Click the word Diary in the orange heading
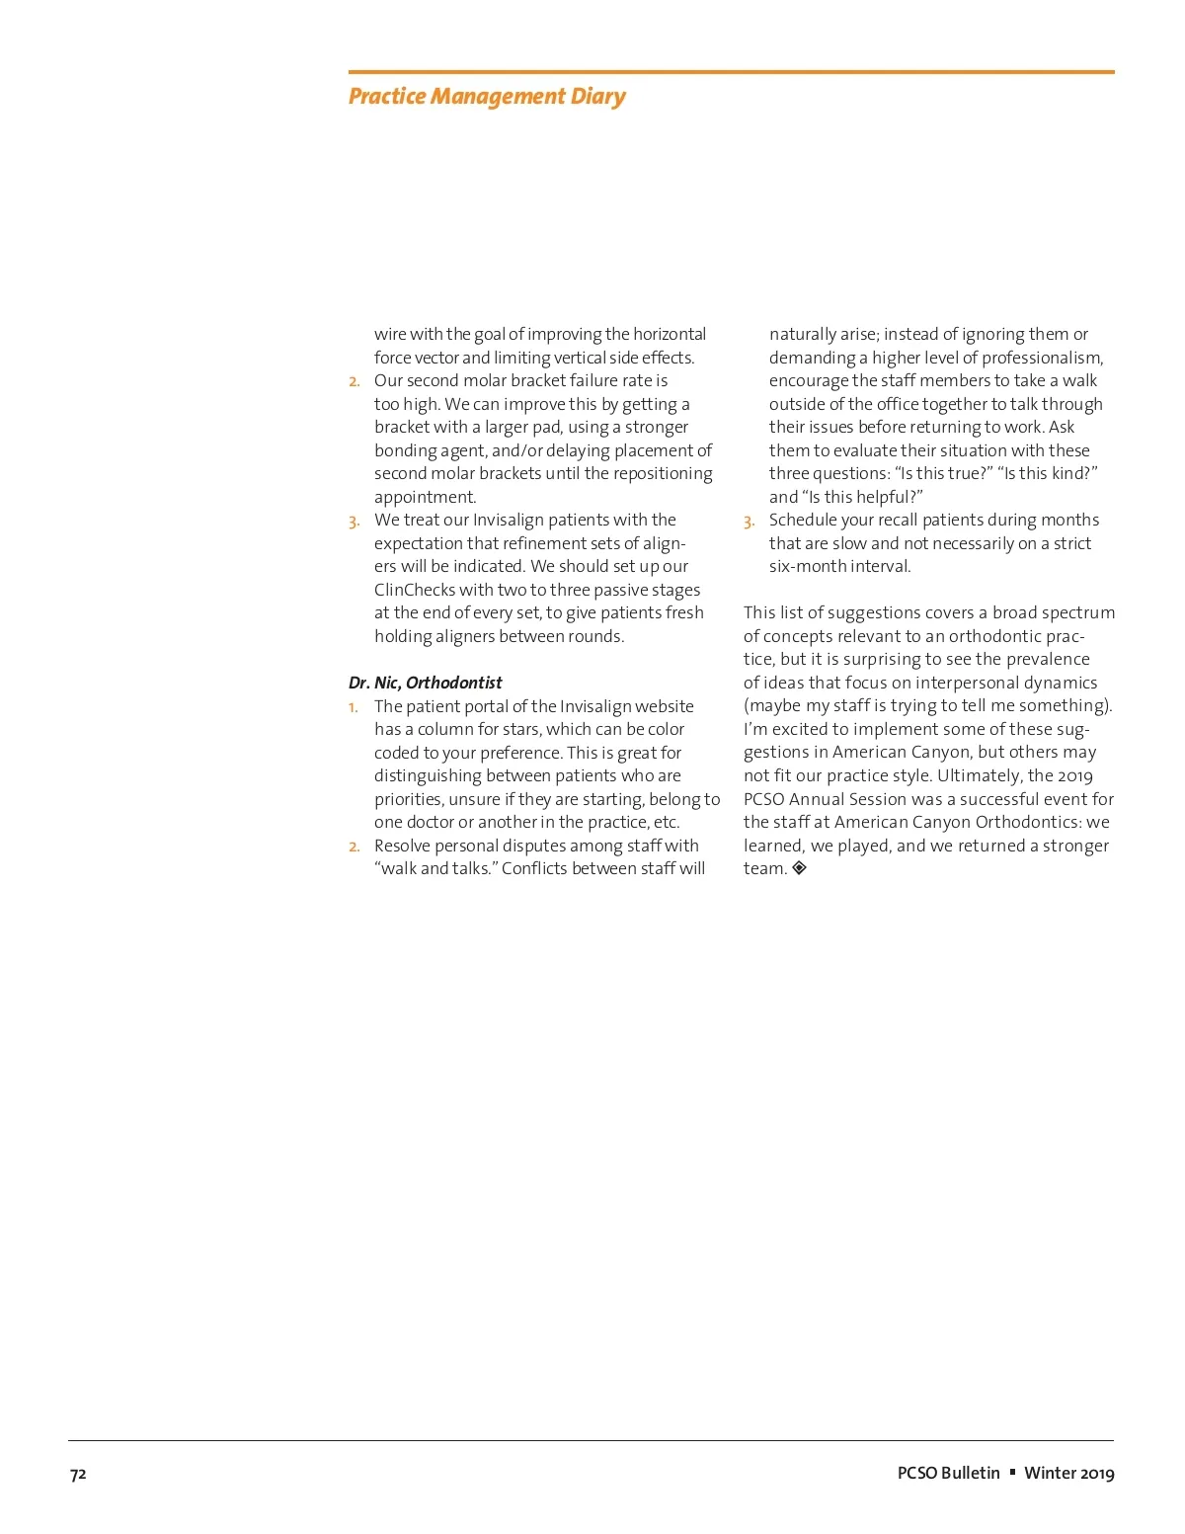coord(597,97)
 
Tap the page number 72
coord(78,1474)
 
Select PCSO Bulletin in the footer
coord(948,1473)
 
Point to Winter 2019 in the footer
coord(1068,1473)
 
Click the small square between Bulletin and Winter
coord(1012,1472)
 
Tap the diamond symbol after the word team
coord(800,868)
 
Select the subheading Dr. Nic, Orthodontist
coord(425,683)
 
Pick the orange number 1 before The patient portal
coord(353,707)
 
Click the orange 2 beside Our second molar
coord(354,381)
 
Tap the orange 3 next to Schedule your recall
coord(749,522)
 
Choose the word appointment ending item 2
coord(425,497)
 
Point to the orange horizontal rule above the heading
coord(731,72)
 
